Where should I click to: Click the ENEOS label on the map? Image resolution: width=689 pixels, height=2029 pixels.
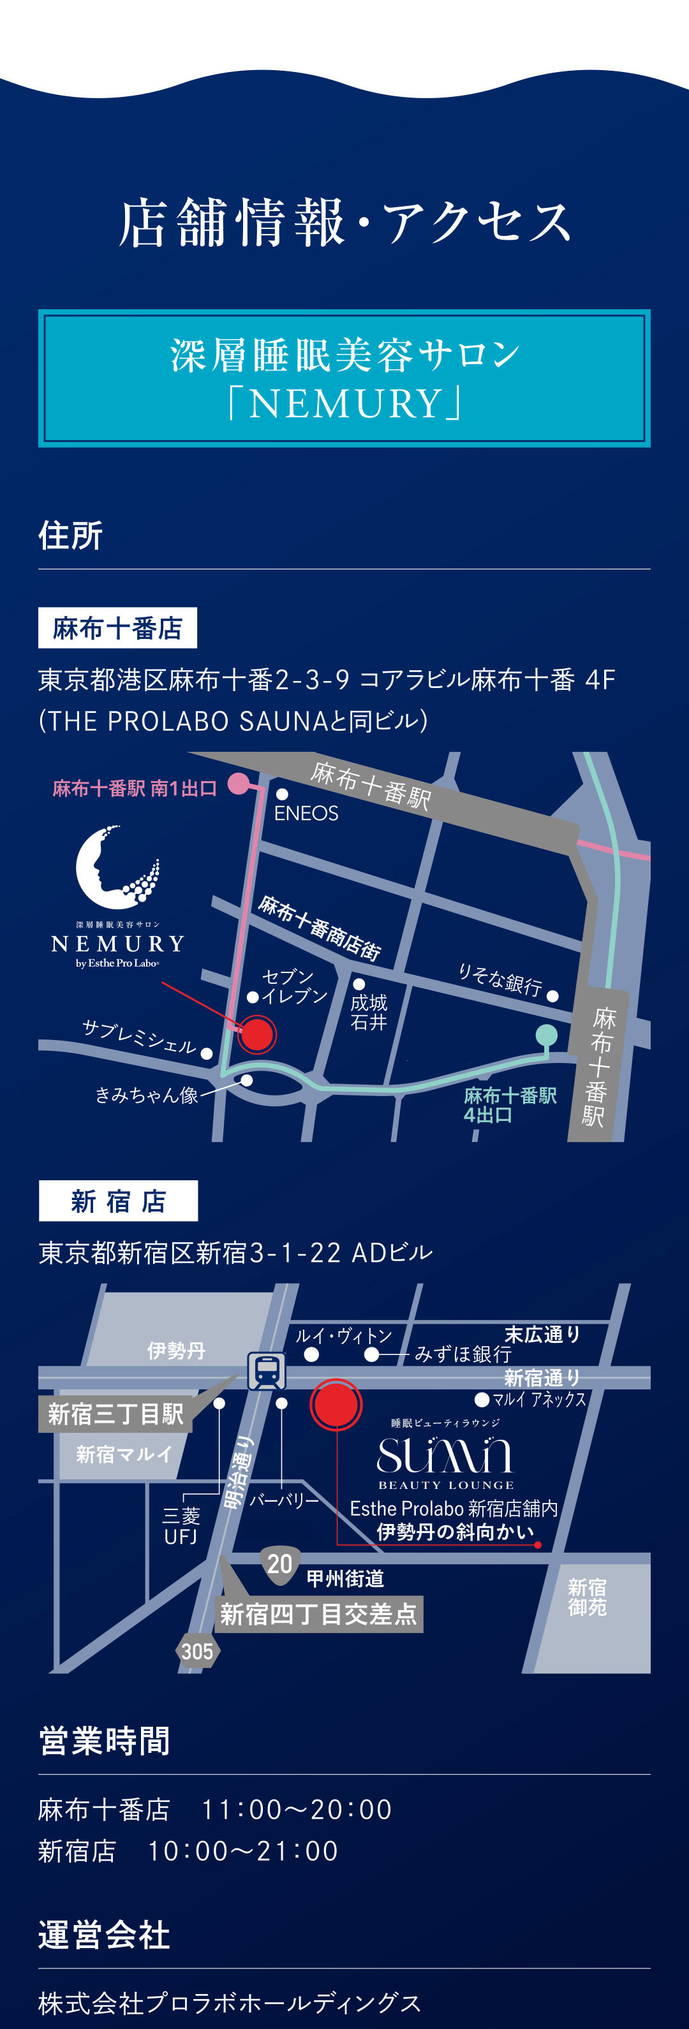[306, 813]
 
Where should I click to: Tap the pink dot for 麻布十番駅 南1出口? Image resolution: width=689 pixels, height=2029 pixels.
[238, 784]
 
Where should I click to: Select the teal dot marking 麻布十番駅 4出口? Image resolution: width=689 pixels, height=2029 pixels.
[546, 1034]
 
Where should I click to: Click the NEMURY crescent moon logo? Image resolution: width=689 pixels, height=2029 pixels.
[117, 866]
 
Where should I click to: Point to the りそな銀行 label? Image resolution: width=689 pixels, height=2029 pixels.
[500, 979]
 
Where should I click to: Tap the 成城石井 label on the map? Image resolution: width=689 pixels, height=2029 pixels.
[369, 1012]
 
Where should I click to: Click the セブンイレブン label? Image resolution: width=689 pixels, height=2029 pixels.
[293, 986]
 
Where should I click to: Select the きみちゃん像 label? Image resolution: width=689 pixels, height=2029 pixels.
[147, 1095]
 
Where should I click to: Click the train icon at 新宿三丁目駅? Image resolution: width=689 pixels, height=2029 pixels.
[267, 1372]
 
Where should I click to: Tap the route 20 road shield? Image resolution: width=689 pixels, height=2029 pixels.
[279, 1564]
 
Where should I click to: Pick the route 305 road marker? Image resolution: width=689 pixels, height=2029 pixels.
[197, 1652]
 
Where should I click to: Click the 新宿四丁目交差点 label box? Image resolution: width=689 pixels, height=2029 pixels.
[318, 1614]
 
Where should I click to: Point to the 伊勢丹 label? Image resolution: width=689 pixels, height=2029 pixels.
[176, 1351]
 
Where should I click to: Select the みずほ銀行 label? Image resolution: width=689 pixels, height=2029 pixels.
[463, 1354]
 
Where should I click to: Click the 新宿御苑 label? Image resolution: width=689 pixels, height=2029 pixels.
[588, 1597]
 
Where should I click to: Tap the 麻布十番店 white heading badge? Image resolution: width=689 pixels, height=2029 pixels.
[117, 627]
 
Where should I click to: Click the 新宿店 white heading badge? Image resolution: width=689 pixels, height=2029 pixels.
[118, 1201]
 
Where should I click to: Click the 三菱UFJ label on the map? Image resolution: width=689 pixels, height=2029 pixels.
[181, 1527]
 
